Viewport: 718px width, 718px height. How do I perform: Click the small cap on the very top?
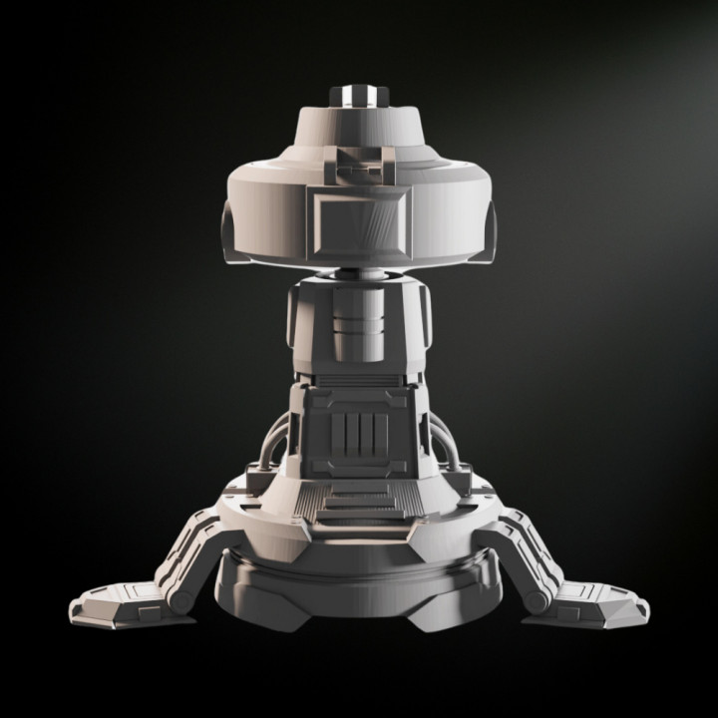358,95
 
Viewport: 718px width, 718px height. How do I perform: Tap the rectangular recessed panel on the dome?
358,221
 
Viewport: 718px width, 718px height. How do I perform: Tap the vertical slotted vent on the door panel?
358,437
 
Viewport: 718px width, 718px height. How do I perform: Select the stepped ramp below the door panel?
358,505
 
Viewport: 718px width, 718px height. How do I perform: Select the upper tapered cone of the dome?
358,130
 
